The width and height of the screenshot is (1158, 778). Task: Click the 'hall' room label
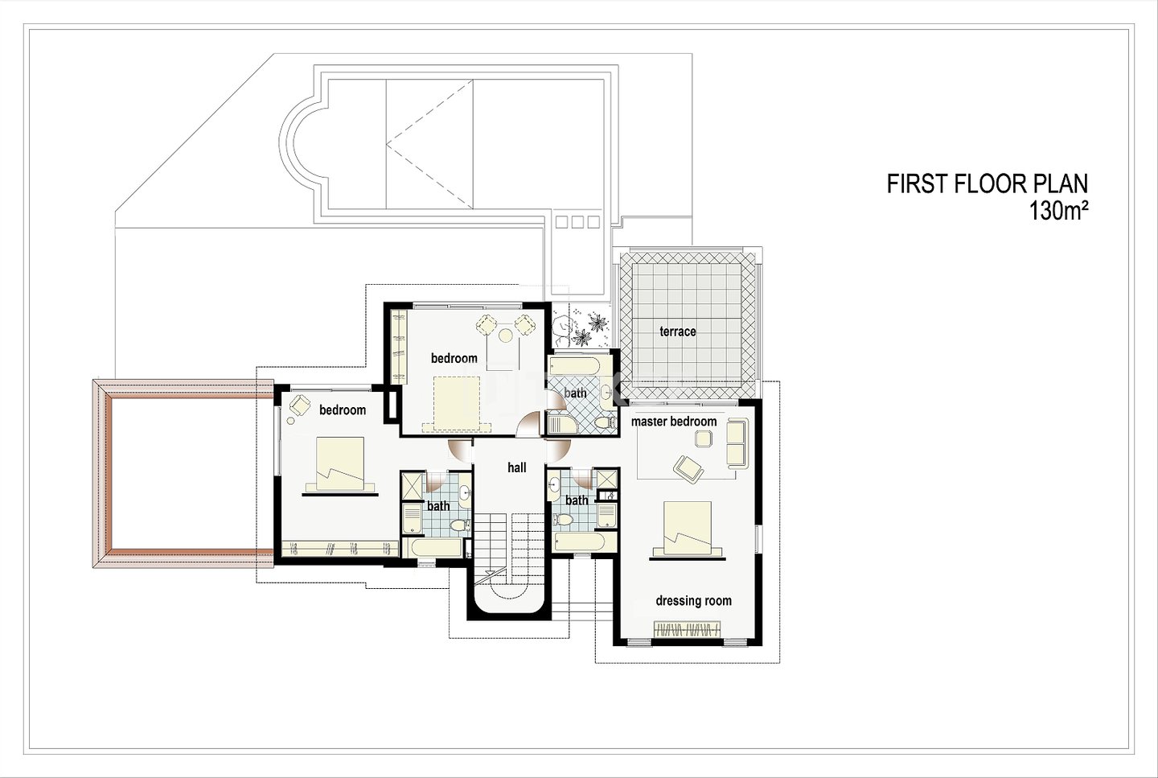[516, 467]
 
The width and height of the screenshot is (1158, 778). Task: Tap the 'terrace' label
[677, 331]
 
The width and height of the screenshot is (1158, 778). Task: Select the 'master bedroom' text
[674, 422]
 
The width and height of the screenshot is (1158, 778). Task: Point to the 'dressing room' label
[693, 600]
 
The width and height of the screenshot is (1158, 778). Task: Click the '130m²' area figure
[1058, 211]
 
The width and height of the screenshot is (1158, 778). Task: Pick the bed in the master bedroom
[687, 528]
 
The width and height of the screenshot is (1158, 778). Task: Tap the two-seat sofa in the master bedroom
[737, 443]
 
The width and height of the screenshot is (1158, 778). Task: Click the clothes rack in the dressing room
[687, 628]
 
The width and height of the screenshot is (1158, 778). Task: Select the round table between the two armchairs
[505, 335]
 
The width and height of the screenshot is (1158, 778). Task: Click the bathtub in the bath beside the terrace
[574, 366]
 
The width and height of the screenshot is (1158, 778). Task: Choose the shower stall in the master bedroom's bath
[607, 479]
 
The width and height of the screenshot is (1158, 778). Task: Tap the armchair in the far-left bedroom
[300, 404]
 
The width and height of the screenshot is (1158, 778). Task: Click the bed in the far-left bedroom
[339, 464]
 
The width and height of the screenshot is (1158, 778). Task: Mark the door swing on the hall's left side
[460, 450]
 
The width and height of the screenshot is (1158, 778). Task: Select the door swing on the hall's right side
[558, 450]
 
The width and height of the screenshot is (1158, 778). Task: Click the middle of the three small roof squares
[577, 222]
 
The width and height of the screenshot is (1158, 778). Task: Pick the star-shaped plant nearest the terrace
[597, 322]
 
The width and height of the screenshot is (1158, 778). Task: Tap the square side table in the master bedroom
[703, 438]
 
